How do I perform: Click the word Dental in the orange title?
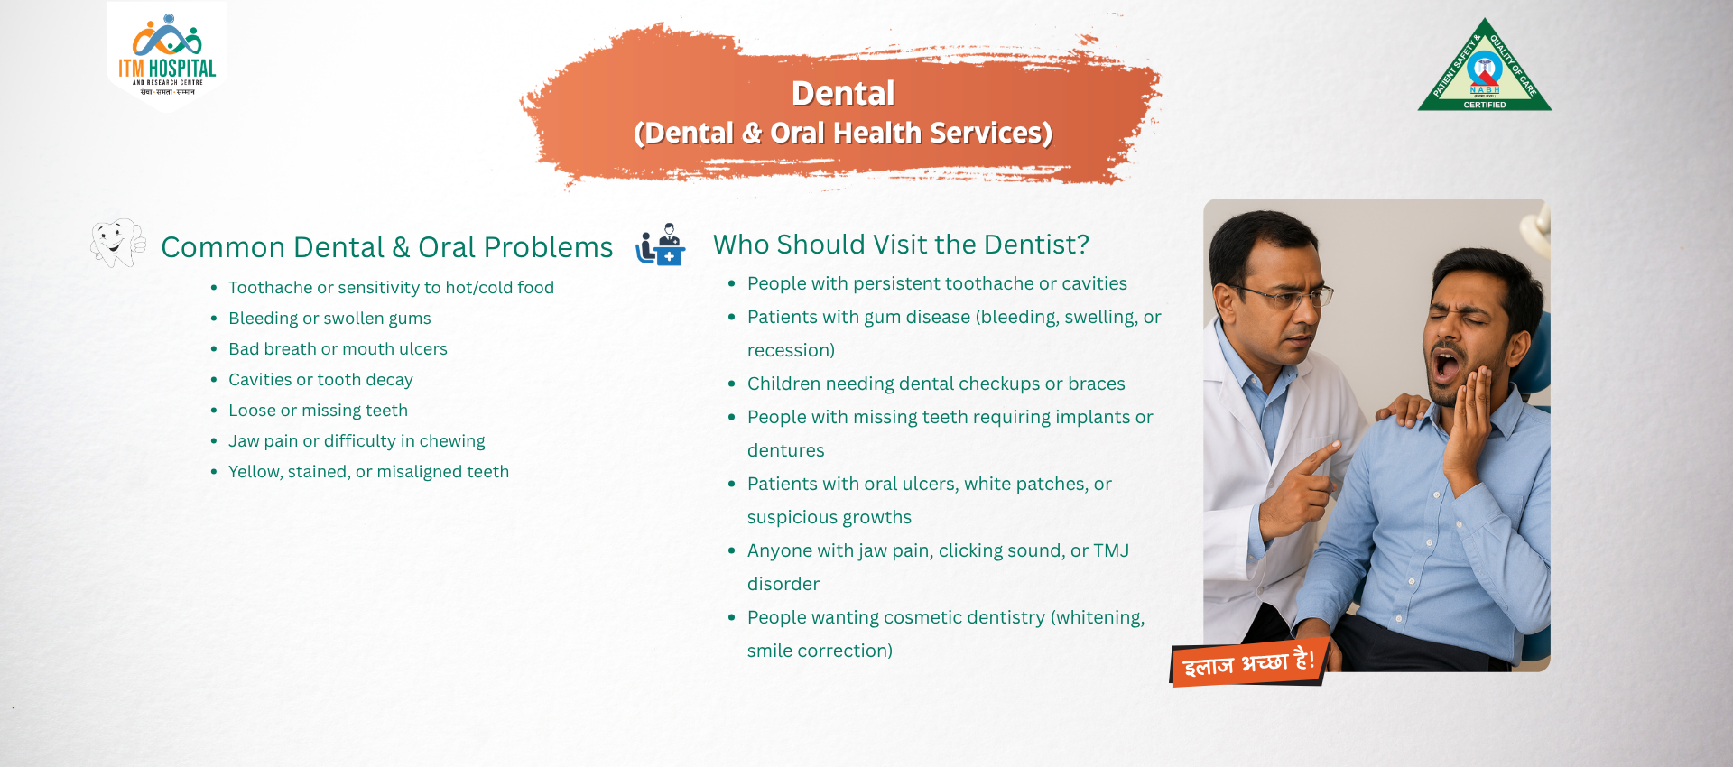[843, 93]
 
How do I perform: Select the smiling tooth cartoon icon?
[117, 242]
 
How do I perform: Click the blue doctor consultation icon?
[661, 245]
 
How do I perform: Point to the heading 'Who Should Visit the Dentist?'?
[901, 245]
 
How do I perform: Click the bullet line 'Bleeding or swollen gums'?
[329, 319]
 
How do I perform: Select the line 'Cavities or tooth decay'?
[320, 380]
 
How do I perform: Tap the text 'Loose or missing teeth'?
[318, 411]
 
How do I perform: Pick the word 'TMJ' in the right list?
[1111, 550]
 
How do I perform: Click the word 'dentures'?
[785, 450]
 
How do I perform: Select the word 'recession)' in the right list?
[791, 350]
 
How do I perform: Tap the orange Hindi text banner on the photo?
[1248, 663]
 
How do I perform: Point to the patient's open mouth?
[1447, 365]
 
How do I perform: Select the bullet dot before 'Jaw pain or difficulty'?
[214, 441]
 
